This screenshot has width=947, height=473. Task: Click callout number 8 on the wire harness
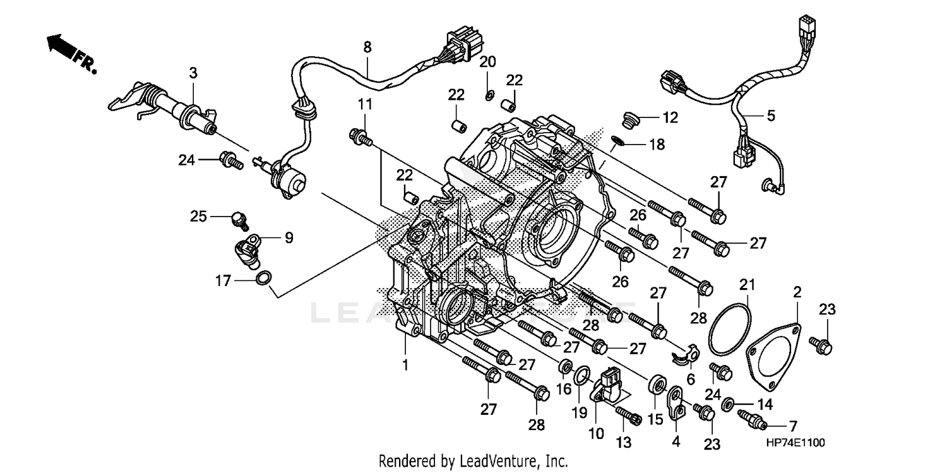[x=367, y=46]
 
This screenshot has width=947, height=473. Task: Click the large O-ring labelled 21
[x=730, y=331]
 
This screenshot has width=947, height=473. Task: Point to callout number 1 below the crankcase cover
[x=405, y=365]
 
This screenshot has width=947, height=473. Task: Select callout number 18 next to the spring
[x=657, y=145]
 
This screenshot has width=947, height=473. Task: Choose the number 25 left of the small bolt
[x=199, y=217]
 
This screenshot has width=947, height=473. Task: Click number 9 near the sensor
[x=289, y=238]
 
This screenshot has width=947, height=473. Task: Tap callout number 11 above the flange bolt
[x=366, y=104]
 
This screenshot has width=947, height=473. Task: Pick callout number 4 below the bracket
[x=676, y=443]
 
